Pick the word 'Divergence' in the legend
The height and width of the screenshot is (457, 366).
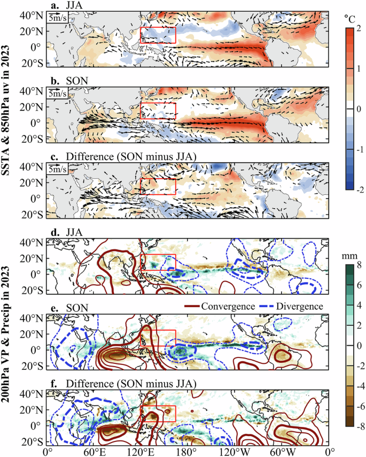pyautogui.click(x=301, y=306)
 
